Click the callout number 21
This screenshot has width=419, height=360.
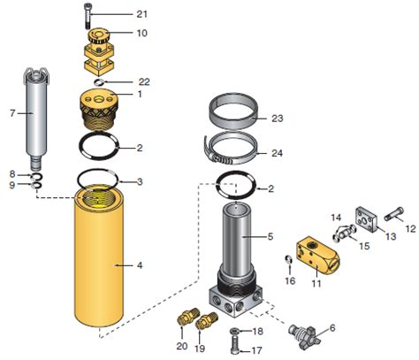(142, 14)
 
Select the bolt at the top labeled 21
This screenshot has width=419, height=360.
(89, 14)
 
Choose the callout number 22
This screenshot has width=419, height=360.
(142, 81)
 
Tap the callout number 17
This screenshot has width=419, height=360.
(258, 351)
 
